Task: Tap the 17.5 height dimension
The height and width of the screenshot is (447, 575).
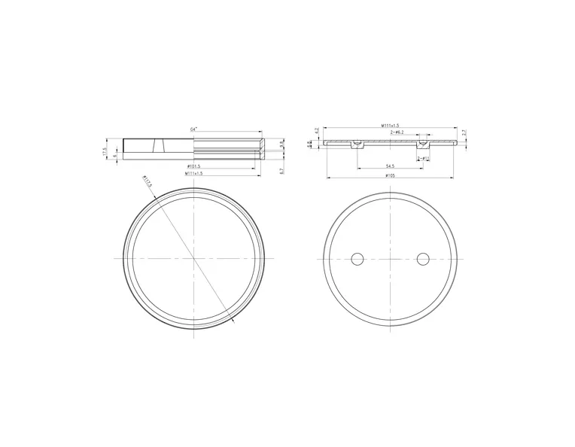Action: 105,151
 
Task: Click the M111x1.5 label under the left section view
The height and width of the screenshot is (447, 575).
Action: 193,173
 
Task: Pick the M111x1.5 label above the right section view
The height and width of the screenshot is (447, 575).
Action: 390,125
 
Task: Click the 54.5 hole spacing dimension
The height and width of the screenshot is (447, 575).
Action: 390,166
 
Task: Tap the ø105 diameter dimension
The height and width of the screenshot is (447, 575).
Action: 390,175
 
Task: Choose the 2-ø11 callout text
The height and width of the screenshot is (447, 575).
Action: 424,159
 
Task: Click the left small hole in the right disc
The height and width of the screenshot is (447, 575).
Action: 357,259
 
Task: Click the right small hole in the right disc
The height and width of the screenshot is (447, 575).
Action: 423,259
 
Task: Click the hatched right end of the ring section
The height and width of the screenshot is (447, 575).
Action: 261,146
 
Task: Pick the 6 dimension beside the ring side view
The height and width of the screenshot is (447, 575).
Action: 114,157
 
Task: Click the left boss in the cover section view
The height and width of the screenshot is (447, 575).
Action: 357,143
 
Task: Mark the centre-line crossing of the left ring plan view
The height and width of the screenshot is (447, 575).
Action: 194,258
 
